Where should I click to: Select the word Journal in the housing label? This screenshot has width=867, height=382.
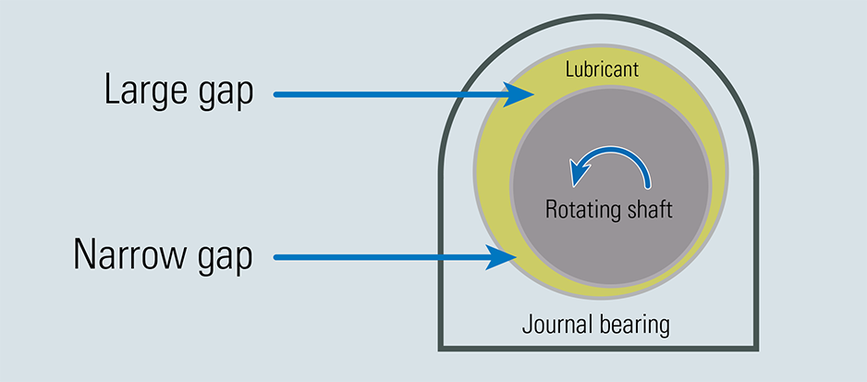pos(552,326)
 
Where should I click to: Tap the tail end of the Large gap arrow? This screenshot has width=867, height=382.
pos(277,93)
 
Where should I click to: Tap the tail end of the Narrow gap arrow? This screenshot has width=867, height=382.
pos(277,258)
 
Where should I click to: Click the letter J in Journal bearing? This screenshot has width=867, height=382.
pos(527,325)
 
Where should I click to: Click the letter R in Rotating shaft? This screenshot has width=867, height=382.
pos(551,208)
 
